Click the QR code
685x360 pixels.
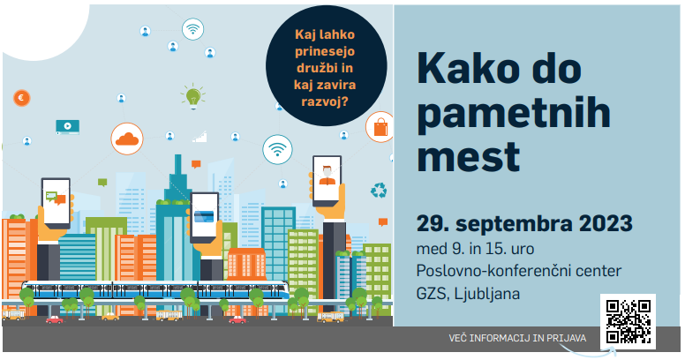(628, 321)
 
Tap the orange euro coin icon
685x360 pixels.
(21, 97)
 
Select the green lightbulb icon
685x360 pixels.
(192, 96)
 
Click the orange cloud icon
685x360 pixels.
(127, 139)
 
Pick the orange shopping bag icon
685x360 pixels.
(380, 127)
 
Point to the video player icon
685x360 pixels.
(68, 127)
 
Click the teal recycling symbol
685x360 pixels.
(379, 191)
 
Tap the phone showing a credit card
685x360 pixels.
(204, 218)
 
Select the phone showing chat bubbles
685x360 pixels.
(56, 203)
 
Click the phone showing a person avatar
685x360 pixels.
(327, 181)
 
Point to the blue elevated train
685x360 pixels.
(155, 289)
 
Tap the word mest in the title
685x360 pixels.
(469, 157)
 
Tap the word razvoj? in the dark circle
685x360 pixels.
(325, 102)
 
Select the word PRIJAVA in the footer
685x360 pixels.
(566, 338)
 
